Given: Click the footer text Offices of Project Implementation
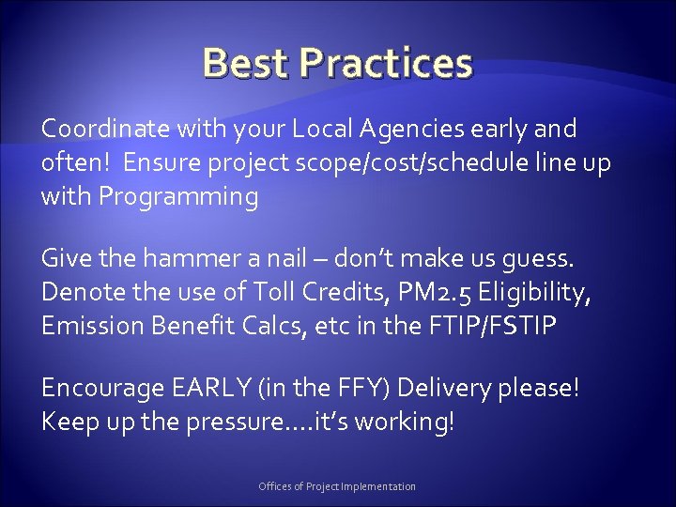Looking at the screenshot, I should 337,486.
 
